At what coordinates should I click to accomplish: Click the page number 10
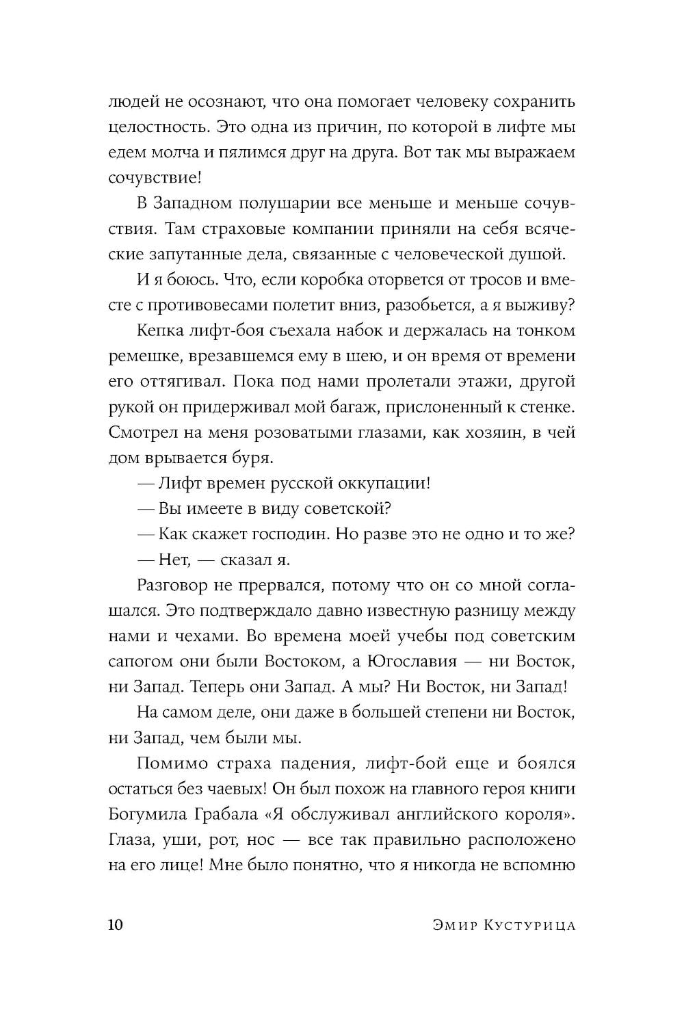(x=116, y=925)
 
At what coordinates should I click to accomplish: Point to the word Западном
(x=189, y=204)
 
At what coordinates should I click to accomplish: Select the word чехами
(x=202, y=636)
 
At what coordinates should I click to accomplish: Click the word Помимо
(x=168, y=764)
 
